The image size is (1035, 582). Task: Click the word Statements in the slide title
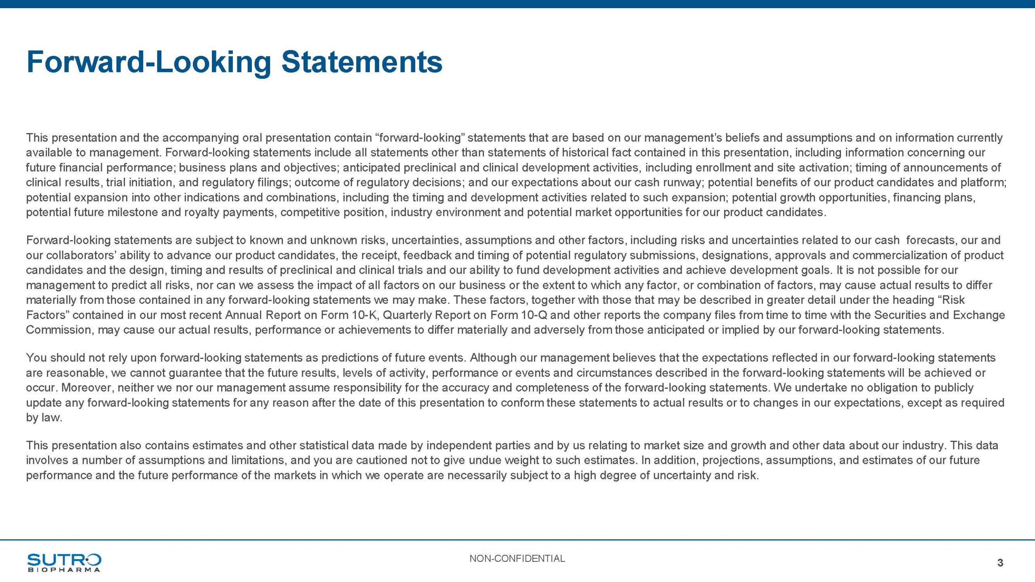(362, 62)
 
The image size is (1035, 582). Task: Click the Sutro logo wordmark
(64, 560)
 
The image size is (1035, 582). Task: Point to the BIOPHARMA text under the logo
(64, 570)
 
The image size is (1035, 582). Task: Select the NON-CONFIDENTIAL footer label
(517, 559)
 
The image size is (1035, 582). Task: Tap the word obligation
(886, 388)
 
